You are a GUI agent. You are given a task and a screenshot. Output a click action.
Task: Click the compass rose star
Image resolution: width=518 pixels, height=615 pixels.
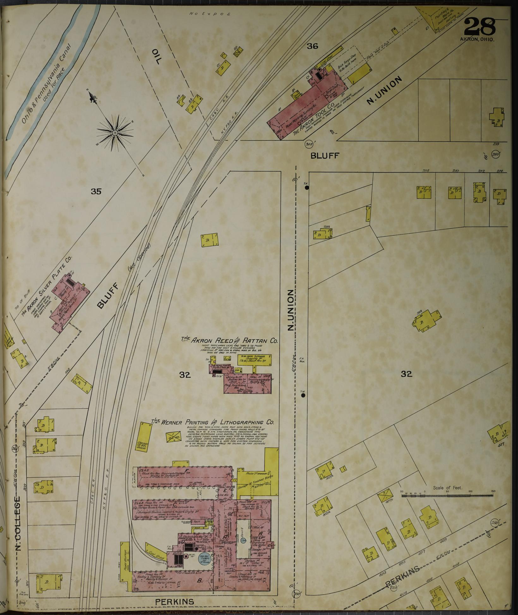point(115,133)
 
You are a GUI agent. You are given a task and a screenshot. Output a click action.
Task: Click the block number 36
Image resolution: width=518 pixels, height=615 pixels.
point(312,46)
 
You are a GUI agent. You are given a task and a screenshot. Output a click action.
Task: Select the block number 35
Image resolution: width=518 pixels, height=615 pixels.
point(96,191)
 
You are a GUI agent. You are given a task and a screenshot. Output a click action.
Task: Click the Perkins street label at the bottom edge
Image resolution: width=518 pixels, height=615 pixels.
point(175,602)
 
